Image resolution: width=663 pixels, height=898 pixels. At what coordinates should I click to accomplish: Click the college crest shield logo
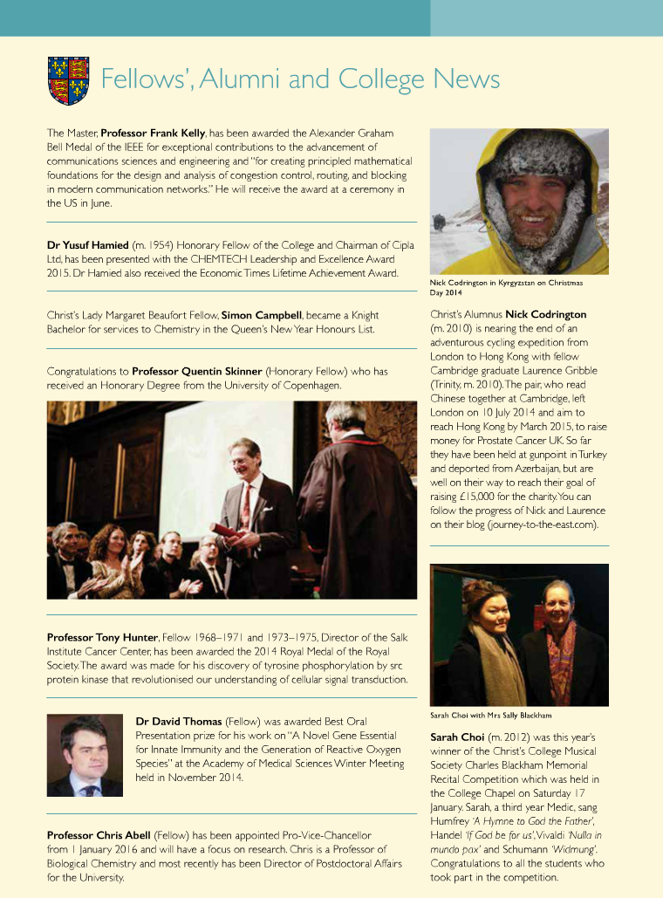click(67, 80)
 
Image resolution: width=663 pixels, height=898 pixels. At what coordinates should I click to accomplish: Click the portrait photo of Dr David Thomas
click(85, 756)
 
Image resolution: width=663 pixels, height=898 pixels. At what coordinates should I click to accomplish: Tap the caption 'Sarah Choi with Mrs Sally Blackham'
click(490, 715)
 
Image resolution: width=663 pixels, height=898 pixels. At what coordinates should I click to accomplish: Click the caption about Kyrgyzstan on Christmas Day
click(506, 287)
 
